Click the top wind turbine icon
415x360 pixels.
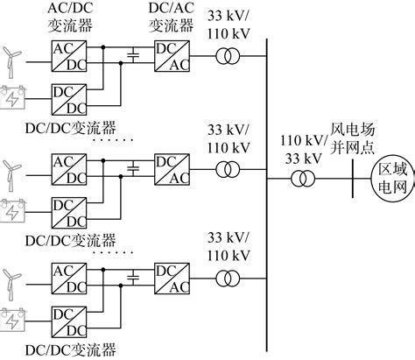pyautogui.click(x=11, y=62)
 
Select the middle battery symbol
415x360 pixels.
pyautogui.click(x=12, y=211)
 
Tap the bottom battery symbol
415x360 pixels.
pyautogui.click(x=12, y=321)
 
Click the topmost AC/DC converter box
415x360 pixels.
pyautogui.click(x=69, y=56)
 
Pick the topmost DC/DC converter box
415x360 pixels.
pyautogui.click(x=69, y=100)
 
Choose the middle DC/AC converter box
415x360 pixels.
pyautogui.click(x=172, y=169)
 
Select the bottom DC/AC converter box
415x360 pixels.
pyautogui.click(x=172, y=279)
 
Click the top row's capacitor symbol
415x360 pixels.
pyautogui.click(x=133, y=55)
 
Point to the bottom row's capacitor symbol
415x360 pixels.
pyautogui.click(x=133, y=278)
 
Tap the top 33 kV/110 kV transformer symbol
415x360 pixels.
pyautogui.click(x=228, y=56)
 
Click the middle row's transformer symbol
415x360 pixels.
pyautogui.click(x=228, y=169)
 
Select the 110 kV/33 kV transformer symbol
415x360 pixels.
pyautogui.click(x=303, y=179)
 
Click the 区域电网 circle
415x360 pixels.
pyautogui.click(x=393, y=179)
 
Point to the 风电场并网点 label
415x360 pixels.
pyautogui.click(x=352, y=138)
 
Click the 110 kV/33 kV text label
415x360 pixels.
pyautogui.click(x=304, y=150)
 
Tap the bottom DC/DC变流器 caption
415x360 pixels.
pyautogui.click(x=71, y=350)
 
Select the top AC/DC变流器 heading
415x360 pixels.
pyautogui.click(x=70, y=17)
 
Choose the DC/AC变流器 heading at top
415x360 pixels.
pyautogui.click(x=172, y=17)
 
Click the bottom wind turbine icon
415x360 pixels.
pyautogui.click(x=11, y=285)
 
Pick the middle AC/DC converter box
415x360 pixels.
pyautogui.click(x=69, y=169)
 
